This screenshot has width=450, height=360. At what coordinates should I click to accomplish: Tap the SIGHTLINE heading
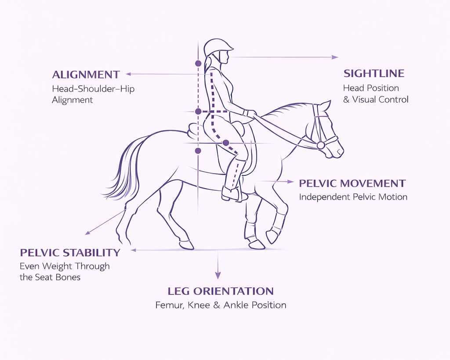(374, 73)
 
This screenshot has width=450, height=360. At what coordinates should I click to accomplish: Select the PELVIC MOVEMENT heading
(352, 183)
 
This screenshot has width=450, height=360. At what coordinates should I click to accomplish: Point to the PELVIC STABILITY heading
(70, 252)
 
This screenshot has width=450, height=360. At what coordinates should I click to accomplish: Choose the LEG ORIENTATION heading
(221, 291)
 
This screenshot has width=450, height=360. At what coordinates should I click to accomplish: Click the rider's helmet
(218, 46)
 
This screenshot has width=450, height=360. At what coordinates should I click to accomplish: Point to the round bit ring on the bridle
(321, 145)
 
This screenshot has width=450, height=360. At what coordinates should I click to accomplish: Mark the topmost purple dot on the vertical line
(198, 63)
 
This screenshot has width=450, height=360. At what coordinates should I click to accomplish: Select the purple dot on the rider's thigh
(226, 143)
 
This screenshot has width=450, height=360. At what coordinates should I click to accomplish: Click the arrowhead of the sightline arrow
(336, 57)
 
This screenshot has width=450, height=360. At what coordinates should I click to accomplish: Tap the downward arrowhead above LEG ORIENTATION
(218, 276)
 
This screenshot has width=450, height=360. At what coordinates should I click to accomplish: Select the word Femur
(168, 305)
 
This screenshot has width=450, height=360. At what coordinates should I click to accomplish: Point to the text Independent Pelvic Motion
(353, 197)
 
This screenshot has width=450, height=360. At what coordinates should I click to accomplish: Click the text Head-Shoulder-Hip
(93, 89)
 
